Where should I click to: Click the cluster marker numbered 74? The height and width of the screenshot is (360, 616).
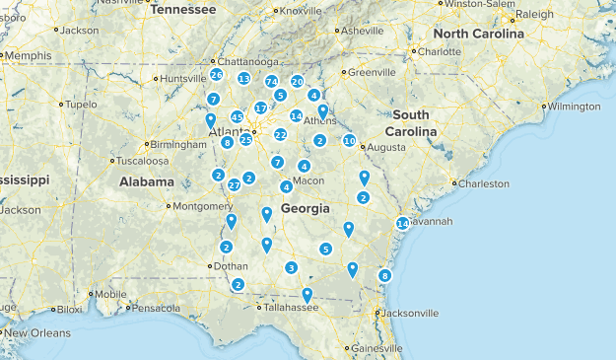click(x=271, y=82)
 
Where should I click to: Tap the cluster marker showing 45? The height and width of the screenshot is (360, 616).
click(x=237, y=117)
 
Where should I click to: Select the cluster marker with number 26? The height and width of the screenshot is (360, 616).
click(x=216, y=75)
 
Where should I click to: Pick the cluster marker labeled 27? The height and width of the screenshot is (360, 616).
click(x=234, y=185)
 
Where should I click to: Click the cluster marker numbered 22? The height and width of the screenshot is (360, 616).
click(x=281, y=134)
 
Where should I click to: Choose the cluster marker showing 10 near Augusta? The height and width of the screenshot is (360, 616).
click(x=349, y=141)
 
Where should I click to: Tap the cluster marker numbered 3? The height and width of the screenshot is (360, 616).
click(x=291, y=268)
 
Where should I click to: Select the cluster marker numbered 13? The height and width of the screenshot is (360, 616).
click(x=243, y=78)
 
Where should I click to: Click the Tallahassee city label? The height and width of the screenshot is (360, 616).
click(x=290, y=308)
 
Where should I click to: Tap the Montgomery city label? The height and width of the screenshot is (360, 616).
click(x=203, y=206)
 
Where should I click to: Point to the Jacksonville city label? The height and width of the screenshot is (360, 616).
click(x=409, y=314)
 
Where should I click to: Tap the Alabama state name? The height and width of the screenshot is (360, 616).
click(x=147, y=181)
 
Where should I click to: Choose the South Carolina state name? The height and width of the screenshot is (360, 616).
click(x=411, y=123)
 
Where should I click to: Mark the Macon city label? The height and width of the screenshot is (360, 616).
click(x=308, y=180)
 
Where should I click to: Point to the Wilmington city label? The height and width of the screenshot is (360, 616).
click(x=574, y=106)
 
